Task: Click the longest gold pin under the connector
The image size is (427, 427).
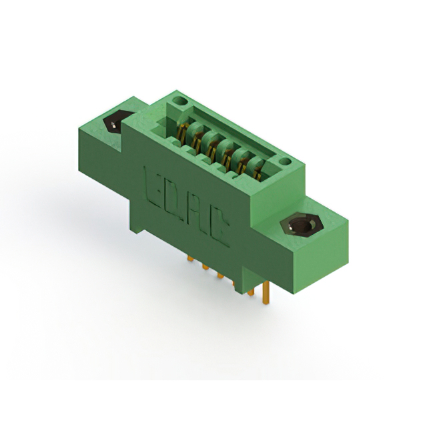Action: tap(266, 290)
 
